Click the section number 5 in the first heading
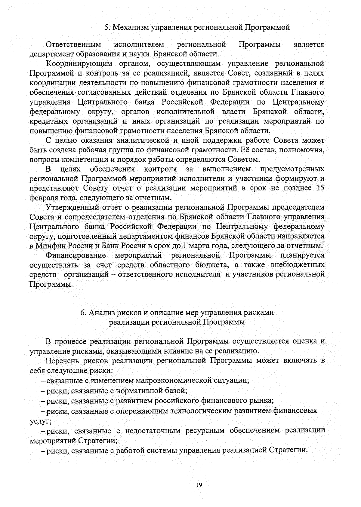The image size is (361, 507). pos(106,28)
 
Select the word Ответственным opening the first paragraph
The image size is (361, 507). pos(73,45)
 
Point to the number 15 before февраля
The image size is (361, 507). pos(320,188)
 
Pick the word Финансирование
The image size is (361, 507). pos(76,255)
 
